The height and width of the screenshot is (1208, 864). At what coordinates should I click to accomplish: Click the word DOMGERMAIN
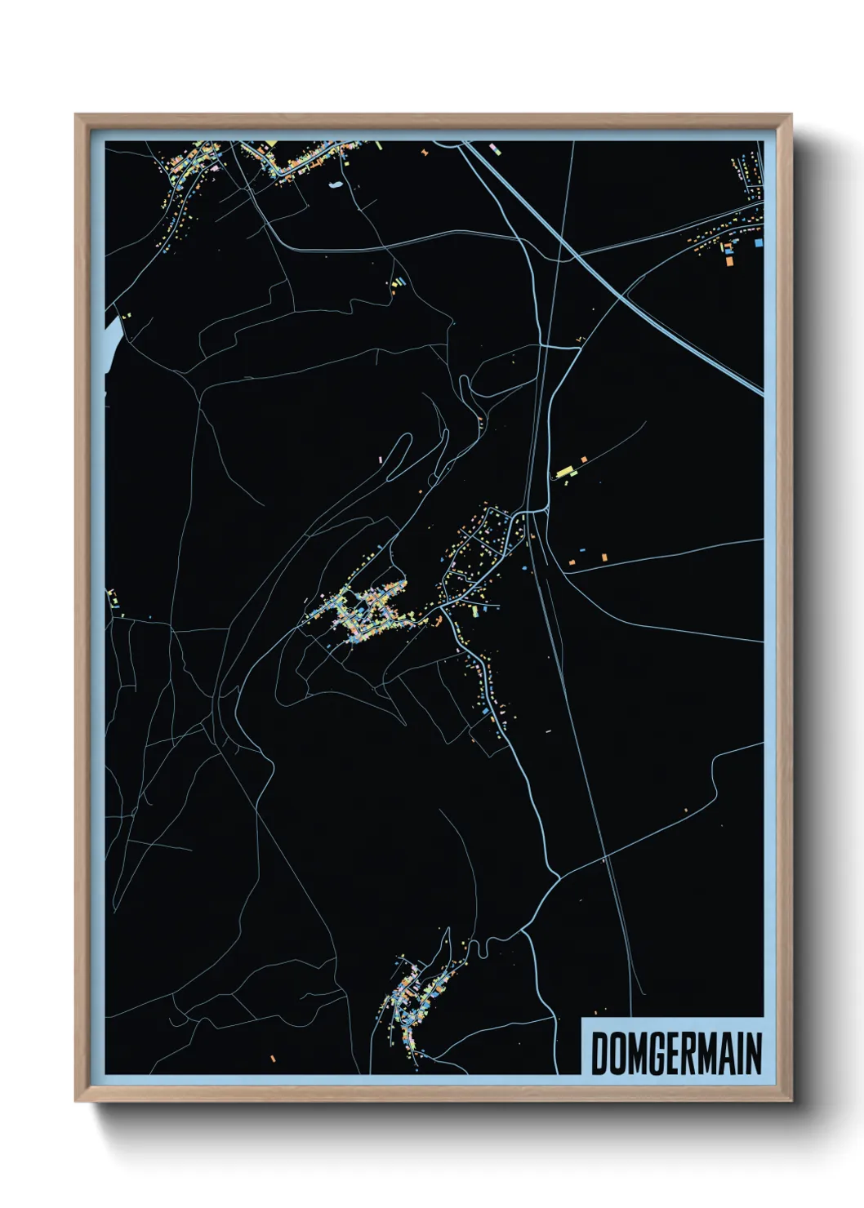click(676, 1053)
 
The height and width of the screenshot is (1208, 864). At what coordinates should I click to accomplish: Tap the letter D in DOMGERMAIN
click(599, 1053)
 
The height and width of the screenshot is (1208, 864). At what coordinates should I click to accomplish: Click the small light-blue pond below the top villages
click(336, 185)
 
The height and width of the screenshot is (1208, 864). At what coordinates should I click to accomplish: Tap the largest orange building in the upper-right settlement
click(728, 262)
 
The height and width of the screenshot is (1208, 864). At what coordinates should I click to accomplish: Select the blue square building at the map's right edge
click(759, 242)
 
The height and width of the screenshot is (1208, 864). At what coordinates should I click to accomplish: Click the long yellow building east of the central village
click(564, 471)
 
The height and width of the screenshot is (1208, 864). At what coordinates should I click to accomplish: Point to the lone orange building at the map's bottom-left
click(273, 1059)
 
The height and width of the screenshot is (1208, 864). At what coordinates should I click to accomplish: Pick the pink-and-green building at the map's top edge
click(492, 149)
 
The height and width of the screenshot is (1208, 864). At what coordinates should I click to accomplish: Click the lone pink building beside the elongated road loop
click(381, 460)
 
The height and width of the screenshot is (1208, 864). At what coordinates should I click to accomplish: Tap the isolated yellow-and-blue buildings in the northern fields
click(399, 282)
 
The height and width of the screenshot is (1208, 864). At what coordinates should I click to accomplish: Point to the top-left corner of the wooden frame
click(76, 115)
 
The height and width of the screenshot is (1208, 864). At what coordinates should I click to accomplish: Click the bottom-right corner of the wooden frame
click(791, 1101)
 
